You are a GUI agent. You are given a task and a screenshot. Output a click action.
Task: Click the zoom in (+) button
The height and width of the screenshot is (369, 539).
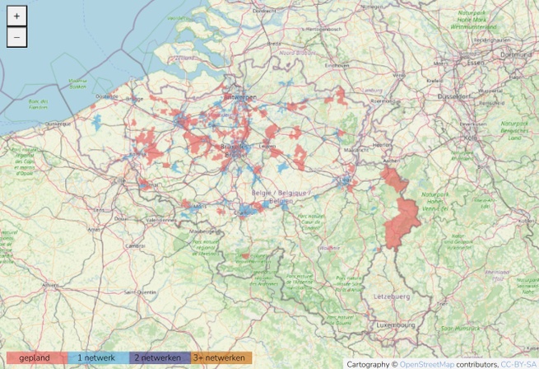pyautogui.click(x=17, y=16)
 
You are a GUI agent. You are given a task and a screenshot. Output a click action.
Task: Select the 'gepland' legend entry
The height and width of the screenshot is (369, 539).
pyautogui.click(x=35, y=358)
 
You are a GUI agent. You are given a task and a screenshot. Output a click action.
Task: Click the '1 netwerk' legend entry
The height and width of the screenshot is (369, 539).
pyautogui.click(x=97, y=358)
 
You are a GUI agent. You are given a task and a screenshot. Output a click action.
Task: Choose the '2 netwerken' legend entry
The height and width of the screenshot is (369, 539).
pyautogui.click(x=159, y=358)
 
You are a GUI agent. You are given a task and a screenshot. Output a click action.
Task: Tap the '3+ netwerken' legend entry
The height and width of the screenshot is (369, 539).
pyautogui.click(x=221, y=358)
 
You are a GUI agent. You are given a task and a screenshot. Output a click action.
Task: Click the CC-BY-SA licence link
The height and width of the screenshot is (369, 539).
pyautogui.click(x=519, y=363)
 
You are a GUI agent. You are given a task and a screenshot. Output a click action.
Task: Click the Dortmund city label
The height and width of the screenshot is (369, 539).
pyautogui.click(x=516, y=54)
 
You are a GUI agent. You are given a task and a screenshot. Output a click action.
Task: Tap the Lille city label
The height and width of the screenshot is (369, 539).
pyautogui.click(x=119, y=179)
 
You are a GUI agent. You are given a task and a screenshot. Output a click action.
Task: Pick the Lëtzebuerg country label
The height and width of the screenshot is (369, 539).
pyautogui.click(x=392, y=294)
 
